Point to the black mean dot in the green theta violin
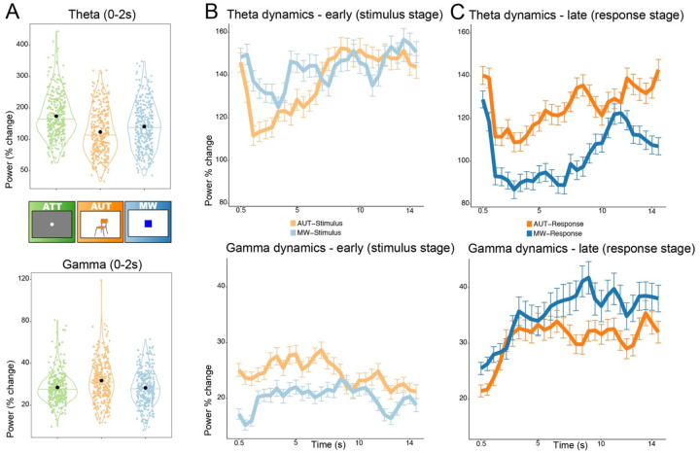point(56,116)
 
